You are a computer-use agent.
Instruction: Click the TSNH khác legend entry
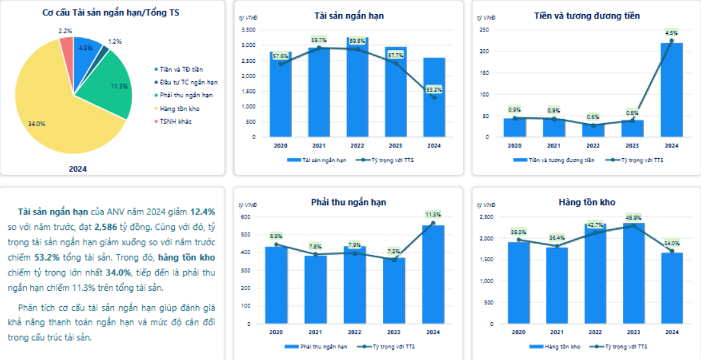176,121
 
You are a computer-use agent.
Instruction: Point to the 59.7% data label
319,40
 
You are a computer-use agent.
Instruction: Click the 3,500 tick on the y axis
248,29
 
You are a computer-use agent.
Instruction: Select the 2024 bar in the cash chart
672,90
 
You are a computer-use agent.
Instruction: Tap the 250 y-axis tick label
485,29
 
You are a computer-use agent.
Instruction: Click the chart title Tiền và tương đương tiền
587,15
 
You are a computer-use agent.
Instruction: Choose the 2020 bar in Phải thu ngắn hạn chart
277,285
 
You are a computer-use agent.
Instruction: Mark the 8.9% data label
277,236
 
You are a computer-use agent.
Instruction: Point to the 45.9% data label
633,218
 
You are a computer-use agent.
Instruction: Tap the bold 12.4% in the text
203,211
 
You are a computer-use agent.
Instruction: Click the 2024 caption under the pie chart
77,169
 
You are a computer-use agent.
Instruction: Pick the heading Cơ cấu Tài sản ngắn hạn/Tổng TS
110,12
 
